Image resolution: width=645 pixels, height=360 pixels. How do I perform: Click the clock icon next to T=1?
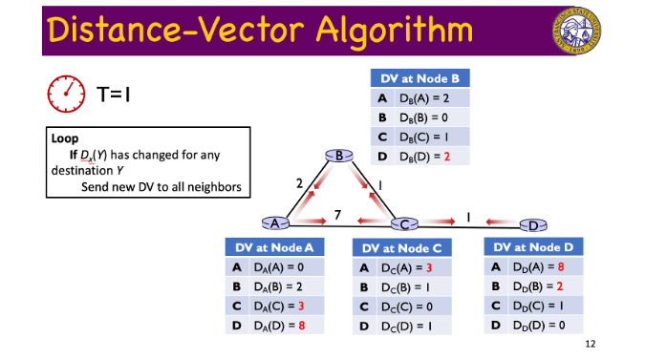[x=67, y=94]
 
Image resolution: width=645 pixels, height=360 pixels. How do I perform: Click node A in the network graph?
[x=275, y=222]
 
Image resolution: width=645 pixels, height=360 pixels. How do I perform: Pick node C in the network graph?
[x=405, y=223]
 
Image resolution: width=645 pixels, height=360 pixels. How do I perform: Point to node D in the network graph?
[x=533, y=224]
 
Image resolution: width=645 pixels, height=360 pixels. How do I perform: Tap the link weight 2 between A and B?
[x=299, y=181]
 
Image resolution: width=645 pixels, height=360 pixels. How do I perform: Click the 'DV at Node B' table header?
[x=420, y=78]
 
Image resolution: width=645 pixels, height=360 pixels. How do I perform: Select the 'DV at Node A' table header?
[x=274, y=247]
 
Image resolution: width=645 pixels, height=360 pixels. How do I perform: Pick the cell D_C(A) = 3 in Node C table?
[x=410, y=267]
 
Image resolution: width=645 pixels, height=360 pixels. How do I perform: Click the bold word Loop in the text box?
[x=65, y=138]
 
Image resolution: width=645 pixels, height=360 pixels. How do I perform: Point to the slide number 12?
[x=590, y=344]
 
